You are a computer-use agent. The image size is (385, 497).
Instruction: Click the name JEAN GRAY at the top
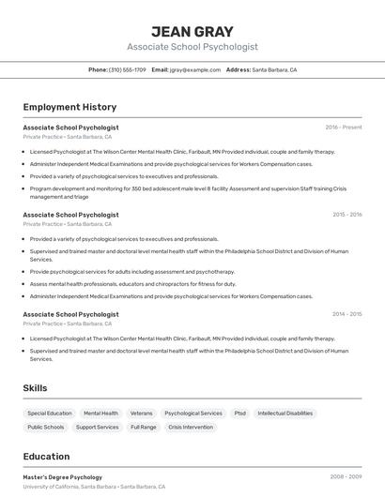192,31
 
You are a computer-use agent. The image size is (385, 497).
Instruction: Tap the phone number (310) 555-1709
128,69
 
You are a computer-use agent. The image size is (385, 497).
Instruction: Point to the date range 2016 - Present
343,127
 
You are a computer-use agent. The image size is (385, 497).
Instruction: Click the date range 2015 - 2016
346,214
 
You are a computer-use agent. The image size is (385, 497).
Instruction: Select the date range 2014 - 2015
346,314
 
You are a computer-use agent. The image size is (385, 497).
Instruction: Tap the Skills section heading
35,387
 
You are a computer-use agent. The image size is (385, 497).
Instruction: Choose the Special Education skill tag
50,413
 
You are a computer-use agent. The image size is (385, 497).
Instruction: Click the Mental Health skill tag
100,413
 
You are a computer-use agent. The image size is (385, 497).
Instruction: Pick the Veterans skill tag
141,413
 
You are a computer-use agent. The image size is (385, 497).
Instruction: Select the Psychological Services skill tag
193,413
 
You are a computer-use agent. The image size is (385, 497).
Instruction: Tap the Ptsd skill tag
239,413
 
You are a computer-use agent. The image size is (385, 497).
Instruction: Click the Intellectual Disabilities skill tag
285,413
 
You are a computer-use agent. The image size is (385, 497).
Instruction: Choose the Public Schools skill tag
46,427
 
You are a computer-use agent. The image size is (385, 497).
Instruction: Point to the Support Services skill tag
98,427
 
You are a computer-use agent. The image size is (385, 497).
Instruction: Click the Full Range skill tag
144,427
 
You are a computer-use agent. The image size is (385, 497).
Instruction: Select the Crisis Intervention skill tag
191,427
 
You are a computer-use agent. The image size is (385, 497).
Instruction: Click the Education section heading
46,457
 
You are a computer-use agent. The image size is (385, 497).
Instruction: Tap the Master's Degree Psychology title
63,477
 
